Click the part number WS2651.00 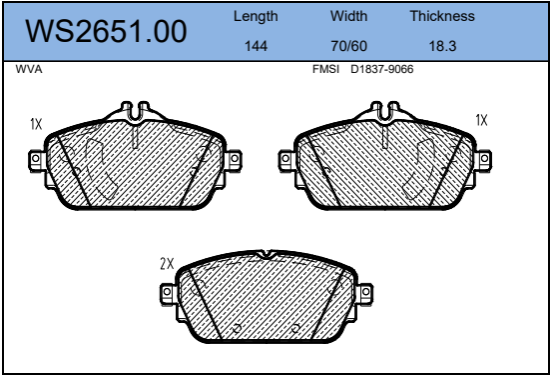click(106, 31)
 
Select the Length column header click(256, 17)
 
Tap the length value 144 click(256, 46)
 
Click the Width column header click(348, 16)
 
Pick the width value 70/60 click(348, 46)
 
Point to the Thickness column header click(442, 16)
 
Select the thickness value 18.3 click(442, 46)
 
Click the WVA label click(29, 69)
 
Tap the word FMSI click(325, 69)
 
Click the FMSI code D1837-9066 click(382, 69)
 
